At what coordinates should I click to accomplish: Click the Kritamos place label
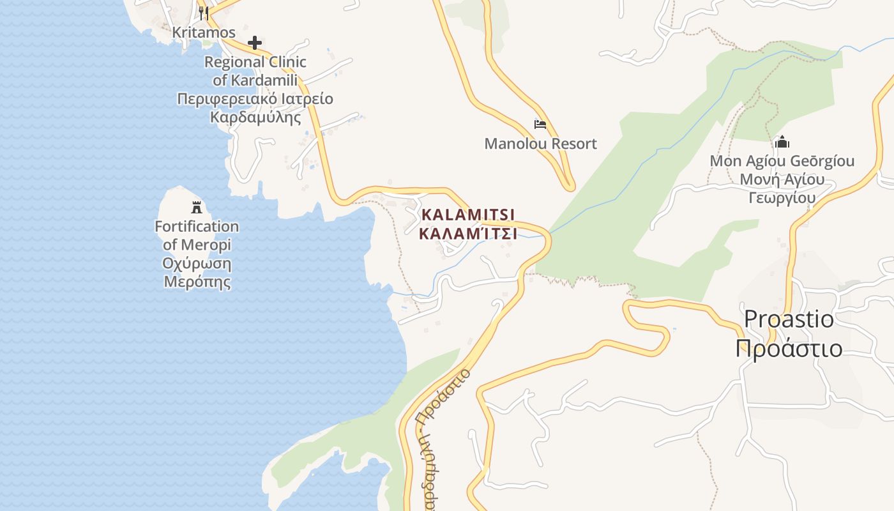pos(204,33)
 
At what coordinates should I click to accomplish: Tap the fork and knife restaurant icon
pos(203,13)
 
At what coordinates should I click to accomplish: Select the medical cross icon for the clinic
pos(255,43)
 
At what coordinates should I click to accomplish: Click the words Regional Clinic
pos(255,63)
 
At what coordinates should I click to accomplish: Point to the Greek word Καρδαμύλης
pos(255,118)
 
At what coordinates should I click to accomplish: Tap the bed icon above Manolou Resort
pos(540,124)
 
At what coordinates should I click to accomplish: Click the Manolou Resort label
pos(540,144)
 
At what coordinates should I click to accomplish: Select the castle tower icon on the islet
pos(197,207)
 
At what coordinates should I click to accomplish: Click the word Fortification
pos(197,227)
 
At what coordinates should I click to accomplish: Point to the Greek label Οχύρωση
pos(197,264)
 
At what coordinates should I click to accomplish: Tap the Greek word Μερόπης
pos(197,282)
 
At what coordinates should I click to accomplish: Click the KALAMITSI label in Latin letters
pos(467,214)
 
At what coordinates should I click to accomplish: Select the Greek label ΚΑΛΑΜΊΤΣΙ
pos(467,233)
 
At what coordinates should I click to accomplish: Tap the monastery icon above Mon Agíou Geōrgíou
pos(782,142)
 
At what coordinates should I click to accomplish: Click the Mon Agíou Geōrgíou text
pos(782,161)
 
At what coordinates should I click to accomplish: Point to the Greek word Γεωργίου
pos(782,198)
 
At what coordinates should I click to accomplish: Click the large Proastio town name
pos(789,318)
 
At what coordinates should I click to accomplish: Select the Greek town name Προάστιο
pos(789,349)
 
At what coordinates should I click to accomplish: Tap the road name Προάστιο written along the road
pos(443,396)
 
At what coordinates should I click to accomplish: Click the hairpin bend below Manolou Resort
pos(569,186)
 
